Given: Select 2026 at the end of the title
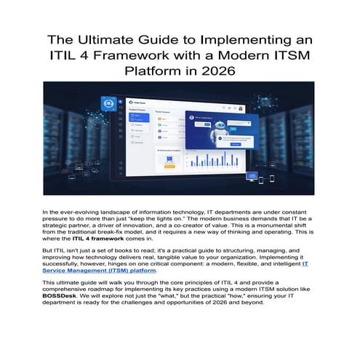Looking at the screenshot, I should pos(217,72).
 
